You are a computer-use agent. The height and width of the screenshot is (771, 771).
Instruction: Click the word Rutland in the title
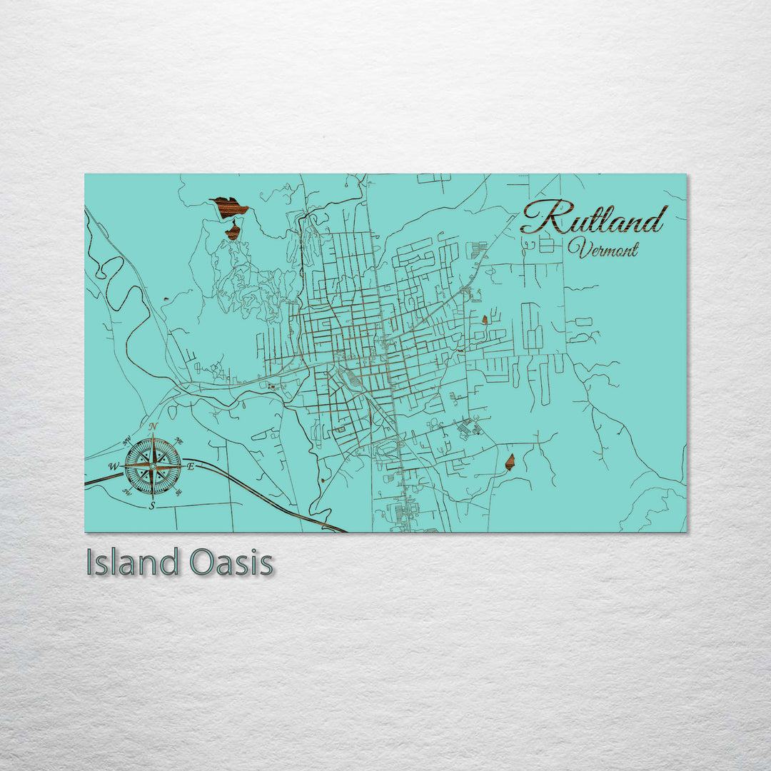point(594,217)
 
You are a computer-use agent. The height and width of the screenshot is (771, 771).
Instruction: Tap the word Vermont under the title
point(603,249)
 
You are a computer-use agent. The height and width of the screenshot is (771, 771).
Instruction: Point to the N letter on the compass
point(153,427)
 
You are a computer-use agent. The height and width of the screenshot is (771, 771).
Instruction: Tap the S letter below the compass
point(152,505)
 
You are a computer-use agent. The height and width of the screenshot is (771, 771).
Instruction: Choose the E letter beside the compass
point(191,466)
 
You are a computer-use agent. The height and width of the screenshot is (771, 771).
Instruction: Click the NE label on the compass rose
point(178,440)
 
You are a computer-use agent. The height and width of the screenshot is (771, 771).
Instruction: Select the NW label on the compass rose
point(127,439)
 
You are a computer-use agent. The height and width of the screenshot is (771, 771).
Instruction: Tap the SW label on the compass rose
point(127,492)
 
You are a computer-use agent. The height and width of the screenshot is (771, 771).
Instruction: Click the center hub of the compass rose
point(153,466)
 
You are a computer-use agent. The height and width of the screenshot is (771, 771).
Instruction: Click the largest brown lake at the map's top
point(228,207)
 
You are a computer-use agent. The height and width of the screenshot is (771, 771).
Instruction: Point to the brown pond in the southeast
point(510,462)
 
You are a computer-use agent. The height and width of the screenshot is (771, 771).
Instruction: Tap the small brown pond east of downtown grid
point(485,319)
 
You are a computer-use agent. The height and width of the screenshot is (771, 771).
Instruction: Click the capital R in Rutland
point(540,217)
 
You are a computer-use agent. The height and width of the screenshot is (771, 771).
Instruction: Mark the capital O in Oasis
point(202,563)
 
